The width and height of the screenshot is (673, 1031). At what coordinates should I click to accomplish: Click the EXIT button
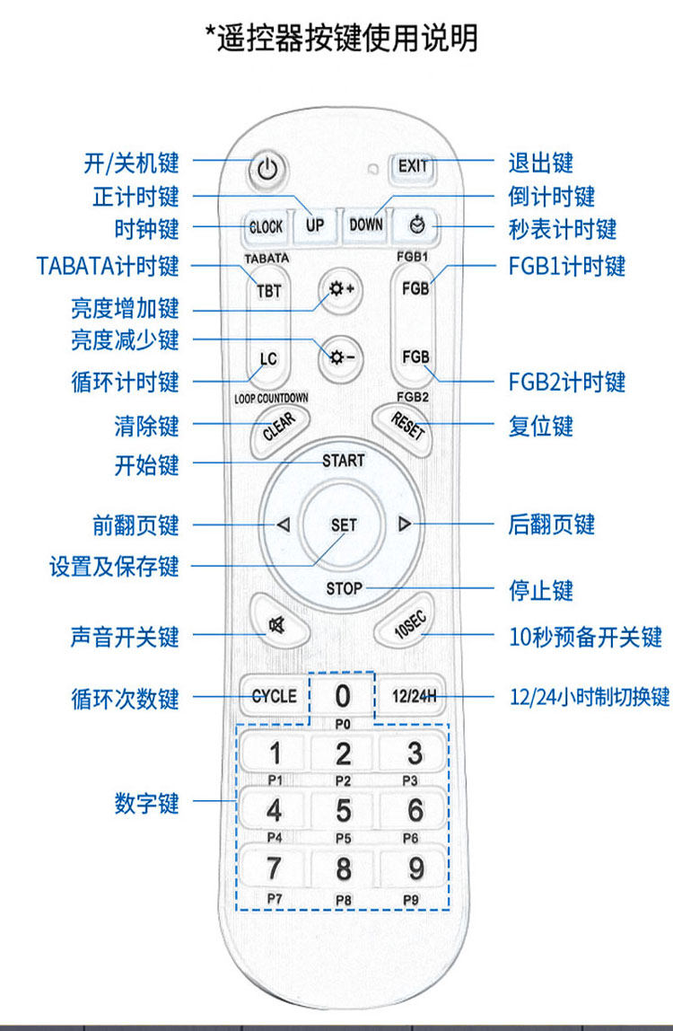pyautogui.click(x=413, y=166)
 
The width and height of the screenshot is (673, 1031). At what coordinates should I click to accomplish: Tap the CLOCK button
pyautogui.click(x=266, y=226)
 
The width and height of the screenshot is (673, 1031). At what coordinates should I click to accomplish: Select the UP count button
pyautogui.click(x=315, y=225)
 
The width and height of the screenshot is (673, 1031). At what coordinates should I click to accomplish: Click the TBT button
pyautogui.click(x=268, y=292)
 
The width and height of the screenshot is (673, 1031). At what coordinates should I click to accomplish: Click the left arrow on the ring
pyautogui.click(x=283, y=524)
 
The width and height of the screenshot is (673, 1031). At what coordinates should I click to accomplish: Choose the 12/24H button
pyautogui.click(x=413, y=695)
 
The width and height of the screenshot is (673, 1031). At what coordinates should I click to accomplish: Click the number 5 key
pyautogui.click(x=344, y=811)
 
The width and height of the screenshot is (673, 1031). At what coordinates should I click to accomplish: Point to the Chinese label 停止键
pyautogui.click(x=541, y=591)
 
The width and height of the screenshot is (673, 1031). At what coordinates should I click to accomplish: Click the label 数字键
pyautogui.click(x=147, y=802)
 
